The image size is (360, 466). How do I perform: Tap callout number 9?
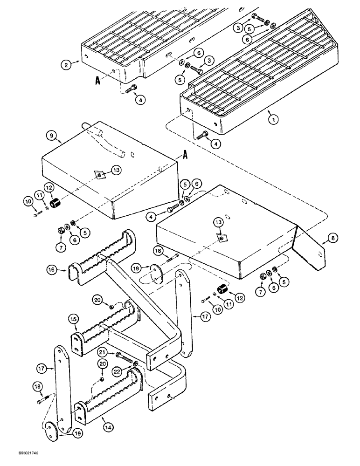pos(51,137)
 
